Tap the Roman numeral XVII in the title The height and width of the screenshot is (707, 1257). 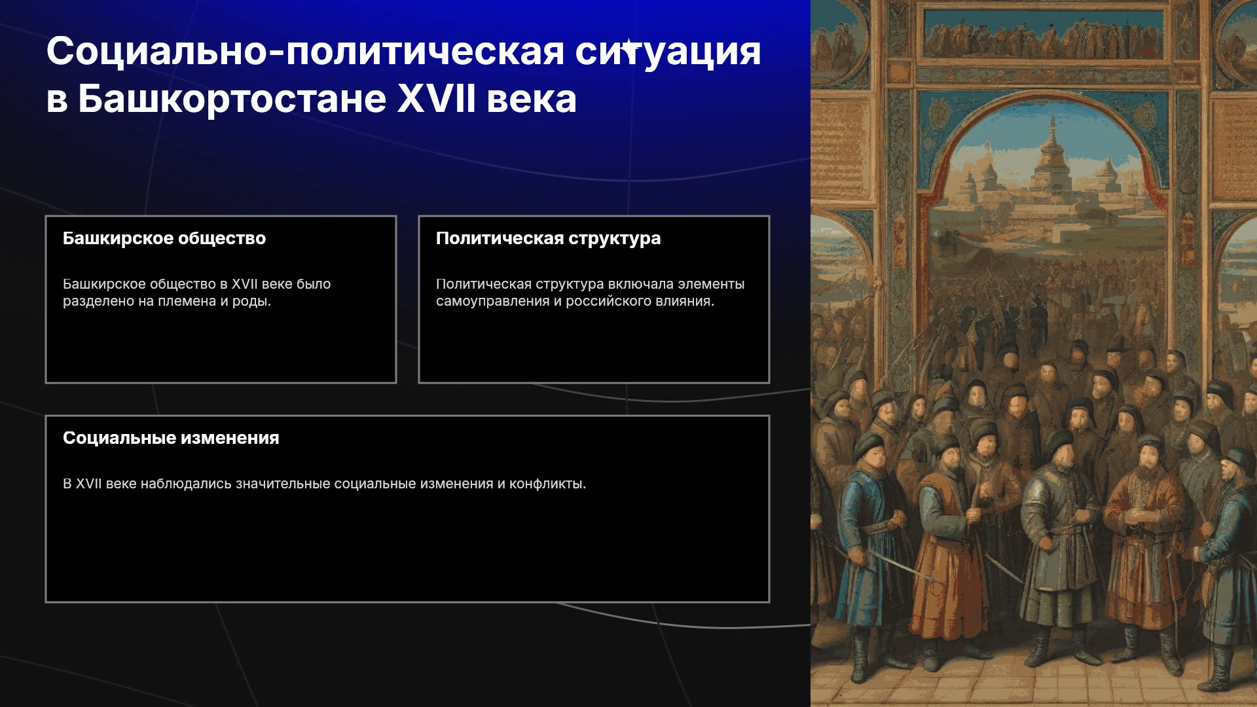pyautogui.click(x=437, y=99)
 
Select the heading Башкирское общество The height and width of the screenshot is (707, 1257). pyautogui.click(x=164, y=238)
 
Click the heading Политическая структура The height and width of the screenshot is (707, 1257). pyautogui.click(x=548, y=238)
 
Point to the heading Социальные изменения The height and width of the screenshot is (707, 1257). pyautogui.click(x=171, y=438)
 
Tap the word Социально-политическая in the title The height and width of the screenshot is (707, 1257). pyautogui.click(x=305, y=51)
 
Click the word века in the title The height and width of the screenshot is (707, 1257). pyautogui.click(x=532, y=100)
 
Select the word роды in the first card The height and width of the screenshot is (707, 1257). pyautogui.click(x=251, y=301)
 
